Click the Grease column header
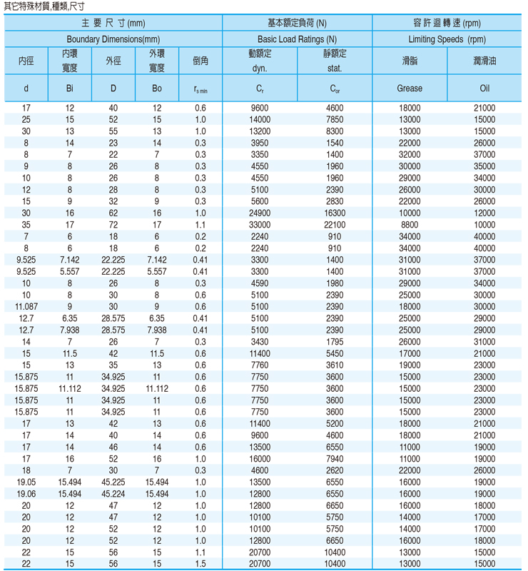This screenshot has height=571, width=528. click(409, 89)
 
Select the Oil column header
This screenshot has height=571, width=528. click(484, 89)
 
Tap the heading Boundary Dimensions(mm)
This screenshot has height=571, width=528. click(113, 39)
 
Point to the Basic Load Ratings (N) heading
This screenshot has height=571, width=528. click(297, 39)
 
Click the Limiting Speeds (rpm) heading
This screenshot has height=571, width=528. click(447, 39)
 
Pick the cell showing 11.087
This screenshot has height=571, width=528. click(26, 306)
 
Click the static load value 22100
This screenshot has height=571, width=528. click(335, 224)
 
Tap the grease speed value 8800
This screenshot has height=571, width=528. click(410, 224)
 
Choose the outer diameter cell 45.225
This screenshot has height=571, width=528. click(113, 482)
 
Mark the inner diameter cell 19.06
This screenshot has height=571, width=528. click(26, 493)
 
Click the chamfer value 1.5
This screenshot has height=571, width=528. click(200, 564)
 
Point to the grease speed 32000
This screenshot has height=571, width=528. click(410, 154)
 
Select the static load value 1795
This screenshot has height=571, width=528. click(335, 341)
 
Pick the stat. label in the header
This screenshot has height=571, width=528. click(335, 69)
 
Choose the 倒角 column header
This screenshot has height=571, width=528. click(200, 61)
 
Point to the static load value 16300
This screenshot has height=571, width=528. click(335, 213)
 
